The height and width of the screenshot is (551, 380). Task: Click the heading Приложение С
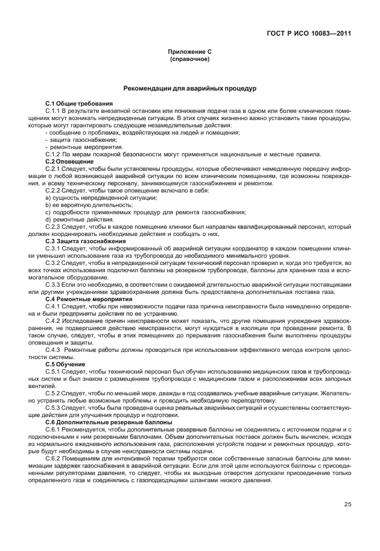tap(190, 53)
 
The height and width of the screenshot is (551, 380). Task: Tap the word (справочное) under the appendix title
tap(190, 60)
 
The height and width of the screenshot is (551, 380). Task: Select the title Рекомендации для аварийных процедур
tap(190, 89)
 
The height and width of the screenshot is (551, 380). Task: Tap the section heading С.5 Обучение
tap(65, 364)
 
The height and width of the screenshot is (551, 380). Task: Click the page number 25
tap(348, 505)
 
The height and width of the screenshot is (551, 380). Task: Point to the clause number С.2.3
tap(54, 227)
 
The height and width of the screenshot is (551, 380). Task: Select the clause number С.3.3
tap(54, 284)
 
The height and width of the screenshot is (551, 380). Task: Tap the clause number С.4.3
tap(54, 349)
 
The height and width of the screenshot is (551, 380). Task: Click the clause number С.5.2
tap(54, 393)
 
